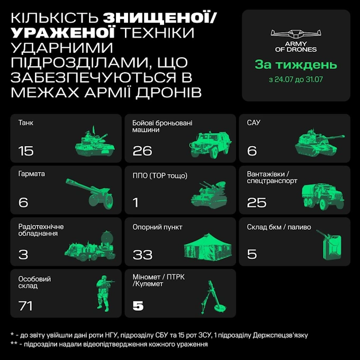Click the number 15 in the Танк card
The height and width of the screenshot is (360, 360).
26,151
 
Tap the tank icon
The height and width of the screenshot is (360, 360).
95,142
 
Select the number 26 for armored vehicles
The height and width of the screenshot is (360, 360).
142,151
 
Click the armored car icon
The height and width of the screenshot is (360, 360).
210,145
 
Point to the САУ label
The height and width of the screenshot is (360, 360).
254,123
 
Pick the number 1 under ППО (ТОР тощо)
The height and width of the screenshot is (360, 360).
136,202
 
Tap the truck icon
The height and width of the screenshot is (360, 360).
323,196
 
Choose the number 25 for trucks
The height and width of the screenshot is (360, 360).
256,202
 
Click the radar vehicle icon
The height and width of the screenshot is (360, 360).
90,247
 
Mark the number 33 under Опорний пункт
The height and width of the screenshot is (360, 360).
142,255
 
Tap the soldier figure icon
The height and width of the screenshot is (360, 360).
105,293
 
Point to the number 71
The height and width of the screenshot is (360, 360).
25,306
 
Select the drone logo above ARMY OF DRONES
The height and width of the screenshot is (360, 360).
296,34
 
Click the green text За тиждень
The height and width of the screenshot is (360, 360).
296,65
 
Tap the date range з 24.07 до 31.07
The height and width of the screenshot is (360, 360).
296,79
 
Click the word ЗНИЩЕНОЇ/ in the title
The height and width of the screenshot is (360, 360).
159,18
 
